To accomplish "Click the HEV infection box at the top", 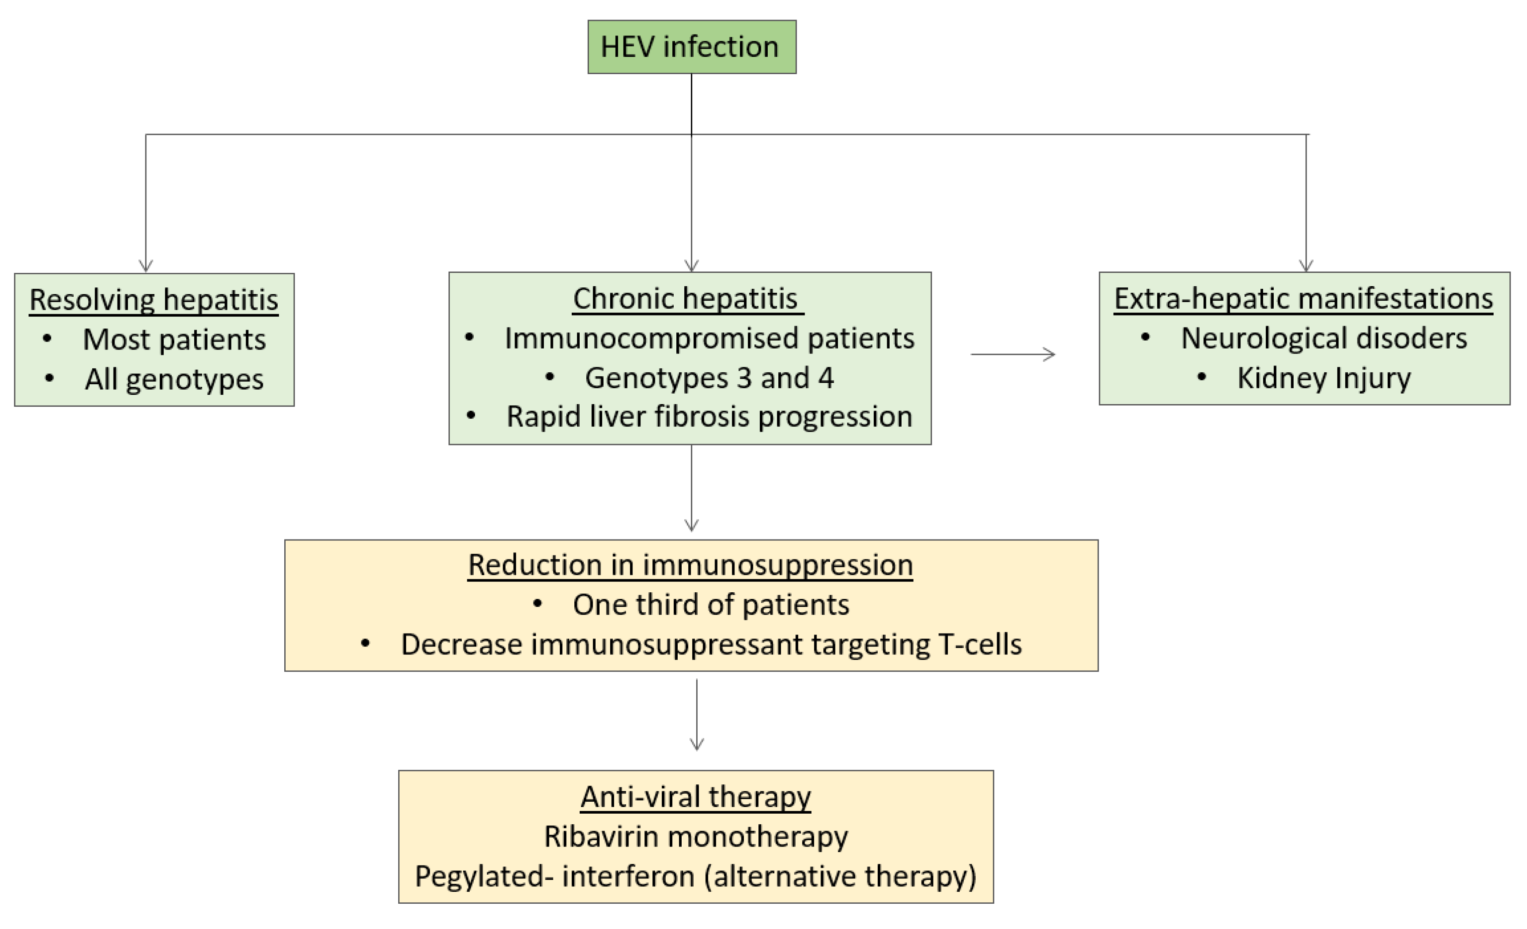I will pyautogui.click(x=691, y=47).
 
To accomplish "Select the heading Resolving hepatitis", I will pyautogui.click(x=154, y=300).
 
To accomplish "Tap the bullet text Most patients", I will pyautogui.click(x=174, y=340).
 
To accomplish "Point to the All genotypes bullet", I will pyautogui.click(x=174, y=379).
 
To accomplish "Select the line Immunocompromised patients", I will pyautogui.click(x=709, y=339).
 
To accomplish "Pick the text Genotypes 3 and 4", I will pyautogui.click(x=709, y=378).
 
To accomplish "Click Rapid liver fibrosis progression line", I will pyautogui.click(x=709, y=417).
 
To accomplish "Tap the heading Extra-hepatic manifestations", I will pyautogui.click(x=1303, y=299).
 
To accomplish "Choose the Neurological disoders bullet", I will pyautogui.click(x=1324, y=339).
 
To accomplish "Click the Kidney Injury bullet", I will pyautogui.click(x=1324, y=378).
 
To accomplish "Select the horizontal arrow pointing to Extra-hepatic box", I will pyautogui.click(x=1013, y=354).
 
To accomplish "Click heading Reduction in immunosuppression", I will pyautogui.click(x=691, y=565).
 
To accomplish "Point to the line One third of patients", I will pyautogui.click(x=710, y=605).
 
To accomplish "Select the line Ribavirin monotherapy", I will pyautogui.click(x=695, y=837).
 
